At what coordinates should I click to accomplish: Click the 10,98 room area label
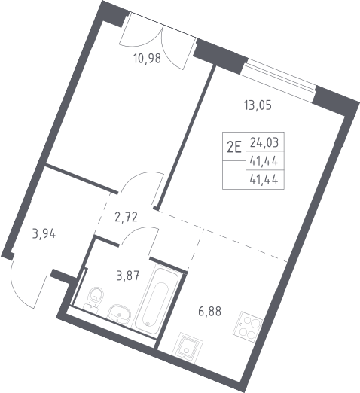147,59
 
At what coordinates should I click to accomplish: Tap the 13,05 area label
258,105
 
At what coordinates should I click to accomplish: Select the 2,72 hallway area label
127,217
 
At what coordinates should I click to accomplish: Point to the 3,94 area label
44,234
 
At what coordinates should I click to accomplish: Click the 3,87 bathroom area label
128,276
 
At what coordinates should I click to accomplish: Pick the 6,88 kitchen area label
210,312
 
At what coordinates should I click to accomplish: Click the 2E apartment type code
234,147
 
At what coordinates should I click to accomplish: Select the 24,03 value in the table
264,142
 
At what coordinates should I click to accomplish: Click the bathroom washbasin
119,315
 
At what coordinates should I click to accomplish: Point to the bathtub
157,299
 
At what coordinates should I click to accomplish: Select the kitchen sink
187,348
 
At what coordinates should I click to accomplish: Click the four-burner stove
247,326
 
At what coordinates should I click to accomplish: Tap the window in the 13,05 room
279,80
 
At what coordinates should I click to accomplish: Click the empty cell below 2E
234,175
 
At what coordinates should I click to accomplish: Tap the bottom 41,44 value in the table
264,180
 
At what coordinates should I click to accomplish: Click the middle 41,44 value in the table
264,161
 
